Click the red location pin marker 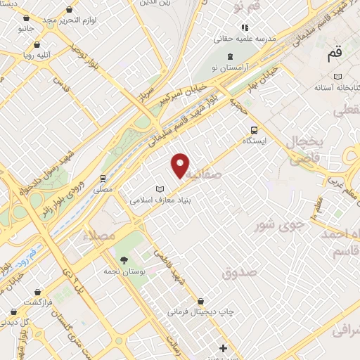click(x=181, y=165)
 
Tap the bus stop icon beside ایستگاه click(x=254, y=130)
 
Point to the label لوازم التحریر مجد click(x=67, y=20)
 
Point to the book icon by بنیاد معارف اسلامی click(x=160, y=189)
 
